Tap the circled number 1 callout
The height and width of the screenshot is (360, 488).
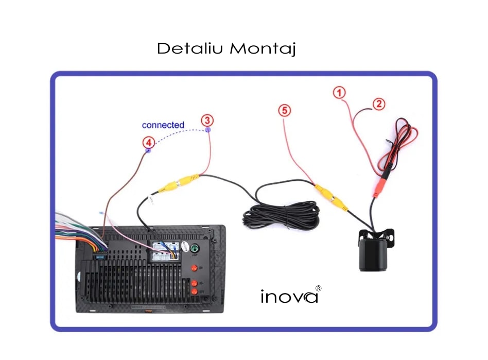(339, 93)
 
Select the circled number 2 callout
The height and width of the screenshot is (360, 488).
(378, 104)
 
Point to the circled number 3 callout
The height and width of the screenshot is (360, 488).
(206, 121)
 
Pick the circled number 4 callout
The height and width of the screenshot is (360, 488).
(148, 142)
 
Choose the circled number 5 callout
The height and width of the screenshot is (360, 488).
(285, 110)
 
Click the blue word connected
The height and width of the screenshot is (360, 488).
(163, 125)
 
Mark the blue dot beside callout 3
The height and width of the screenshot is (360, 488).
(208, 130)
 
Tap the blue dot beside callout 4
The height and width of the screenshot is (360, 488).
(148, 151)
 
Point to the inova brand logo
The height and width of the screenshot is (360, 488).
(289, 297)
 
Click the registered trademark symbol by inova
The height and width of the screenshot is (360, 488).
(318, 288)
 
